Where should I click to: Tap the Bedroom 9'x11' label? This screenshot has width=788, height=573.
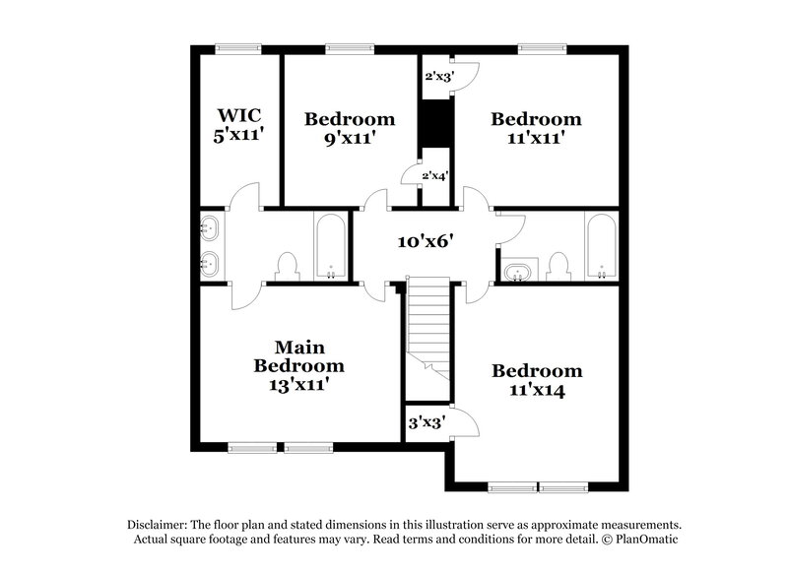tap(349, 128)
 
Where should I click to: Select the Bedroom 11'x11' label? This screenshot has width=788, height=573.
tap(536, 128)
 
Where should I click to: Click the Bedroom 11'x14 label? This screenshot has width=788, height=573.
tap(537, 380)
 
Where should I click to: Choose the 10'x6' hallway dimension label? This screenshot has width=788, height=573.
tap(424, 241)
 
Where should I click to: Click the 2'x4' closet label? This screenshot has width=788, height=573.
tap(435, 176)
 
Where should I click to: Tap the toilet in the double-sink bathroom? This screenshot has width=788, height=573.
tap(288, 265)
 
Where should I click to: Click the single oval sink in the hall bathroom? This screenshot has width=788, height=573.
tap(518, 270)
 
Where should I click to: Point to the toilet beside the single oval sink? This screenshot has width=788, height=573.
tap(558, 266)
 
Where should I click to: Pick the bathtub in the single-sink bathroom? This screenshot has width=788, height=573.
tap(600, 246)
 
